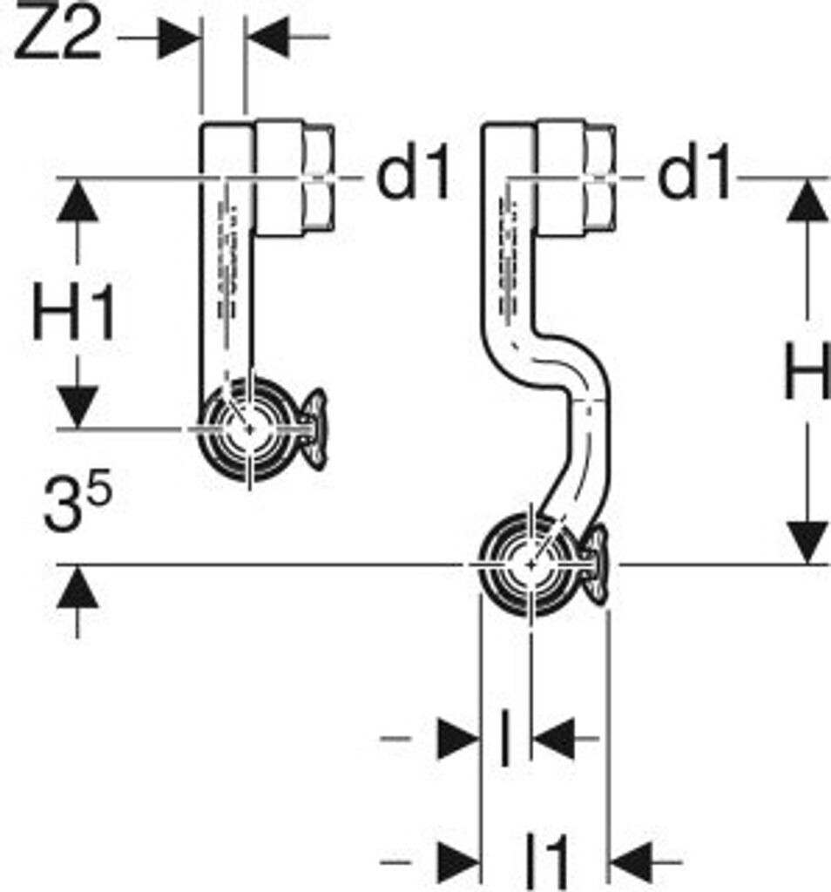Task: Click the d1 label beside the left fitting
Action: pyautogui.click(x=413, y=178)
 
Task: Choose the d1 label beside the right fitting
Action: pyautogui.click(x=693, y=178)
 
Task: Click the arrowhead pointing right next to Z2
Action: pyautogui.click(x=179, y=37)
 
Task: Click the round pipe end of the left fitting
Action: pyautogui.click(x=249, y=429)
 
